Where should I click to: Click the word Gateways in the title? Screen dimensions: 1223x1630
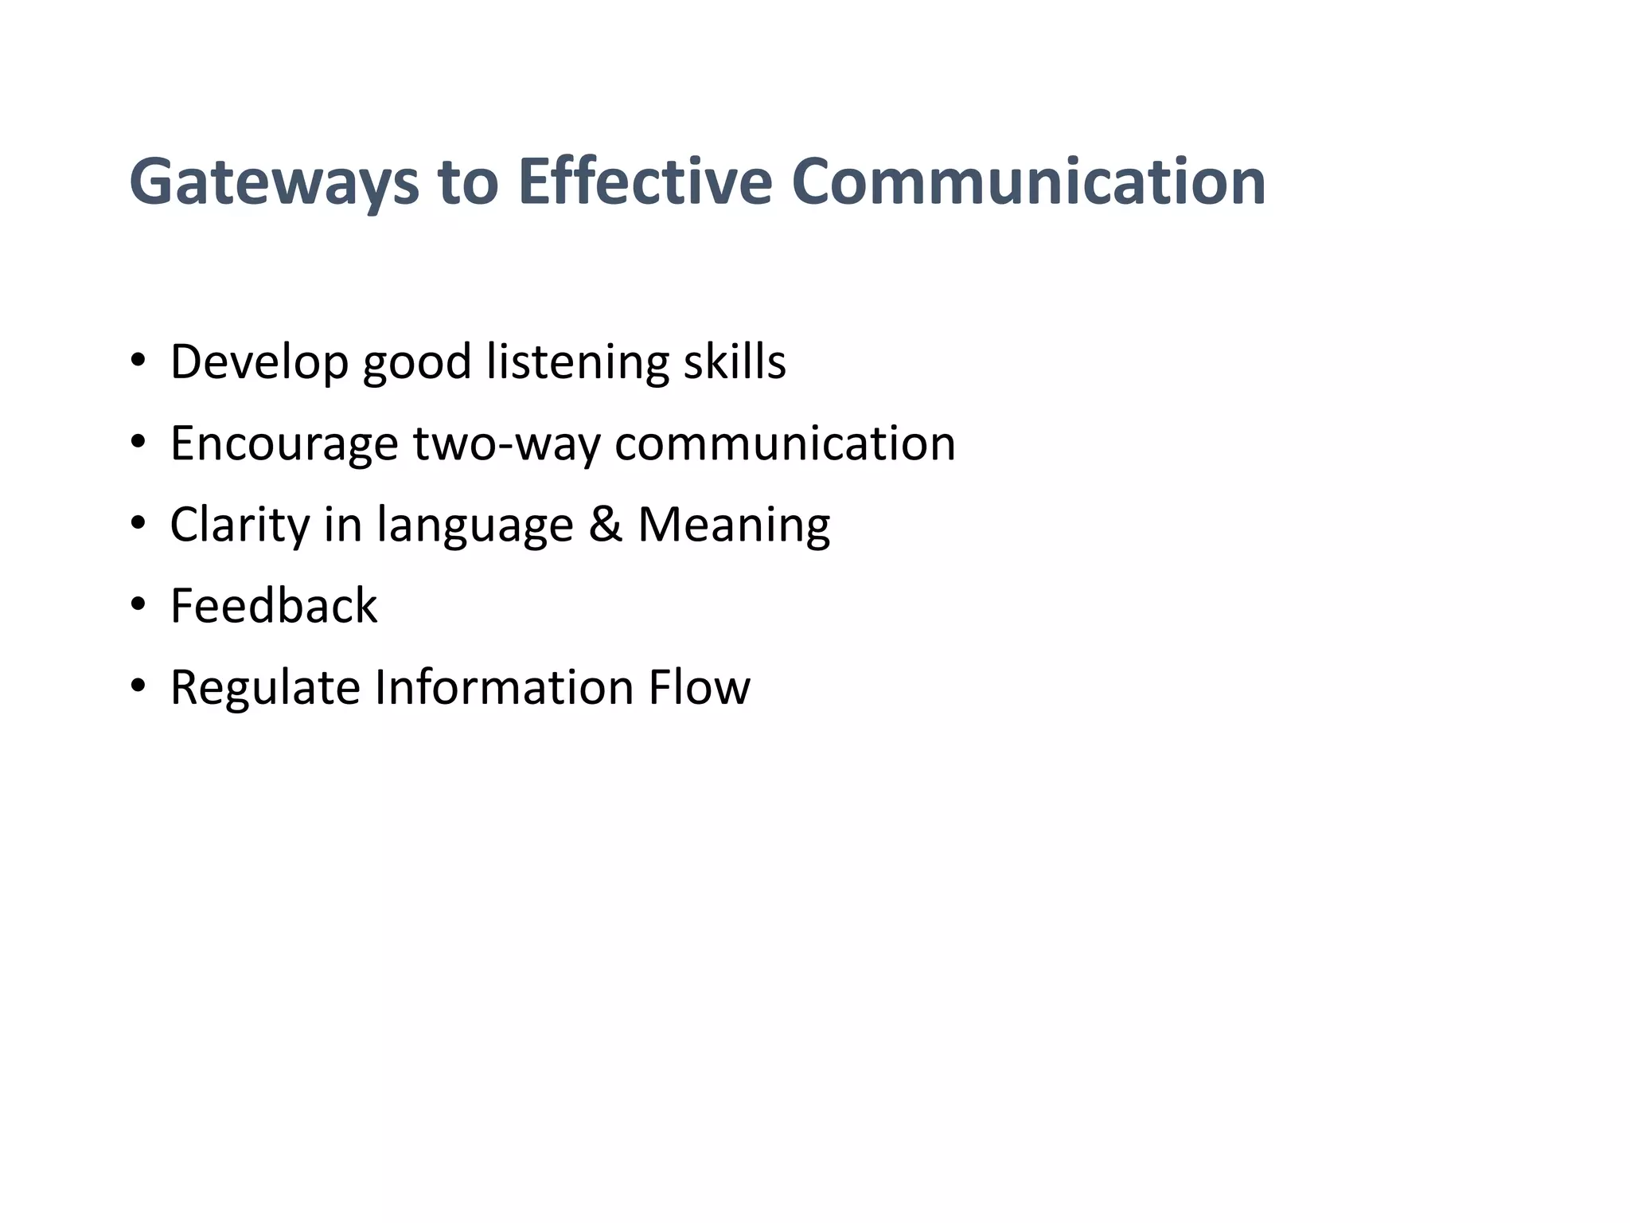click(274, 183)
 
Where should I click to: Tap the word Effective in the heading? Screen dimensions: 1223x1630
click(645, 182)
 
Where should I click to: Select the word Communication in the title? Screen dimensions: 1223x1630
click(1028, 182)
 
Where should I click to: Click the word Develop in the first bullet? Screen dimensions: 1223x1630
click(259, 362)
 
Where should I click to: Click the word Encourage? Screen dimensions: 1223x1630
click(284, 443)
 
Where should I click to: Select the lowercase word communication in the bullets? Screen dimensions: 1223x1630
click(785, 443)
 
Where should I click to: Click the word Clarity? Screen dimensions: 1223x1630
click(240, 526)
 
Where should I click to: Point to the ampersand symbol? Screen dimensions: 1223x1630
click(605, 525)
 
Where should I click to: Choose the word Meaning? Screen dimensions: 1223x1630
click(734, 526)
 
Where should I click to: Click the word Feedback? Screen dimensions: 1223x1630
click(274, 605)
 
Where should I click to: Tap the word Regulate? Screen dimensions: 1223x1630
click(265, 687)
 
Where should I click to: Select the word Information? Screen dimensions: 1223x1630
click(504, 687)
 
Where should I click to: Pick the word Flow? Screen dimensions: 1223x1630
click(699, 687)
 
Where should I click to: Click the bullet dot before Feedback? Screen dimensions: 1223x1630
click(138, 605)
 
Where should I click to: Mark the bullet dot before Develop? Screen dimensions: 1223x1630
click(138, 361)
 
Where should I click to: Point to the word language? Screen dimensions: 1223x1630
click(475, 526)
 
